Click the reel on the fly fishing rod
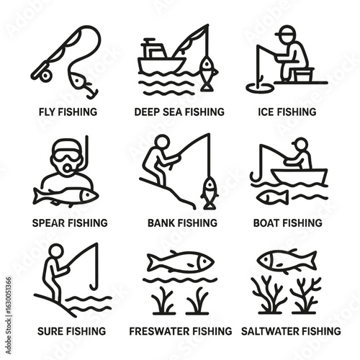pyautogui.click(x=45, y=76)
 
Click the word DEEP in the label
pyautogui.click(x=146, y=112)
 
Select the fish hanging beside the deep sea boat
pyautogui.click(x=207, y=73)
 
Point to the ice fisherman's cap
pyautogui.click(x=286, y=32)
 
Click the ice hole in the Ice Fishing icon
pyautogui.click(x=260, y=88)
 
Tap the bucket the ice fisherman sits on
pyautogui.click(x=303, y=75)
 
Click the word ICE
pyautogui.click(x=265, y=112)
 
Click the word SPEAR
pyautogui.click(x=49, y=223)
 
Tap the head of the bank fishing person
pyautogui.click(x=162, y=142)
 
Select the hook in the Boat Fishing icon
pyautogui.click(x=256, y=175)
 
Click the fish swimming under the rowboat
pyautogui.click(x=273, y=197)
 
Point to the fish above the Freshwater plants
pyautogui.click(x=181, y=261)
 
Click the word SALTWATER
pyautogui.click(x=269, y=331)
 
